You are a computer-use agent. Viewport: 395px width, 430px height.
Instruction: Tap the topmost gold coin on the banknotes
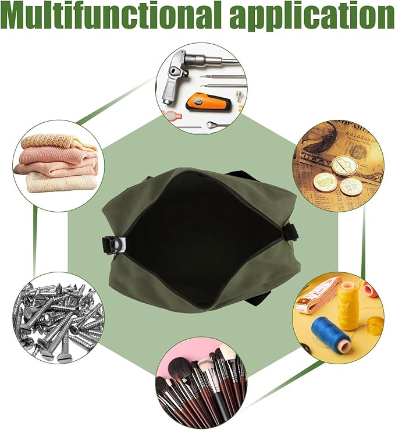[x=344, y=165]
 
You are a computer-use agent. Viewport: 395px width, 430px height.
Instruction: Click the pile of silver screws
[x=58, y=318]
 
